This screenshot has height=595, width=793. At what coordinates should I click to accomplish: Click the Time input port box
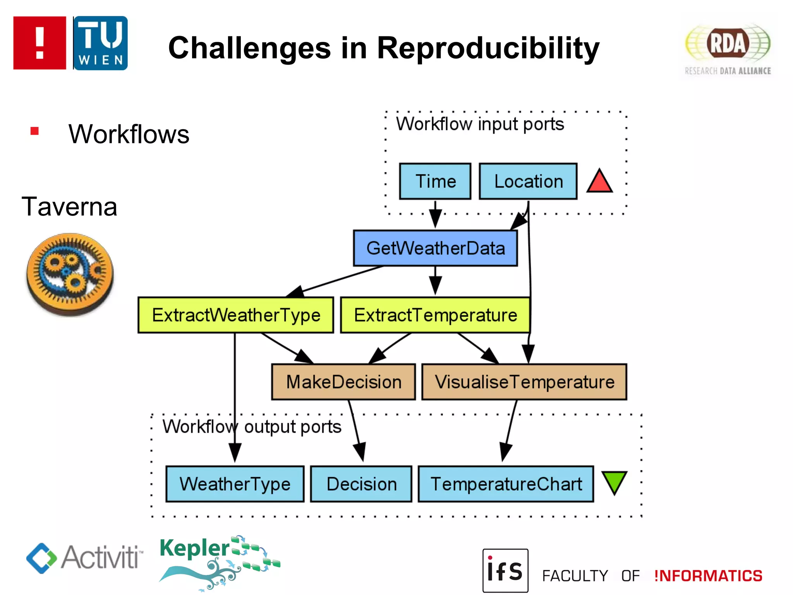435,181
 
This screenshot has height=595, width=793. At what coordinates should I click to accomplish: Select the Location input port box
528,181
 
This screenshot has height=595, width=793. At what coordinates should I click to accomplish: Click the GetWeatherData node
435,248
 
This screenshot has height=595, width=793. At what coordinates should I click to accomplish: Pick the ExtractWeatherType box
236,315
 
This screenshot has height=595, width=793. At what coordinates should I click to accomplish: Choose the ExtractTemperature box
435,315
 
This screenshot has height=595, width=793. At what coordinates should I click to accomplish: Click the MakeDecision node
343,382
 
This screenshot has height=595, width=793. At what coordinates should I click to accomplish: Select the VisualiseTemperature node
524,382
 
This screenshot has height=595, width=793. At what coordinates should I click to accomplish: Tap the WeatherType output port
235,484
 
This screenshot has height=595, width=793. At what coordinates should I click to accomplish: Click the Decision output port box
361,484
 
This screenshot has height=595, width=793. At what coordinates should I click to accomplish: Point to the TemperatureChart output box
506,484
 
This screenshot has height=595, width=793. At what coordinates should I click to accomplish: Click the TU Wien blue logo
100,43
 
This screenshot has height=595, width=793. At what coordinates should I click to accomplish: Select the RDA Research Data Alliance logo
728,49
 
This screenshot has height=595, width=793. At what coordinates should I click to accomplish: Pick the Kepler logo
219,562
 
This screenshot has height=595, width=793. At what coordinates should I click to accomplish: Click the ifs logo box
505,571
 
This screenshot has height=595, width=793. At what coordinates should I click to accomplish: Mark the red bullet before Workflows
34,131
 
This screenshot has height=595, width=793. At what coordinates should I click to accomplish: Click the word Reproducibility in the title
488,48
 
